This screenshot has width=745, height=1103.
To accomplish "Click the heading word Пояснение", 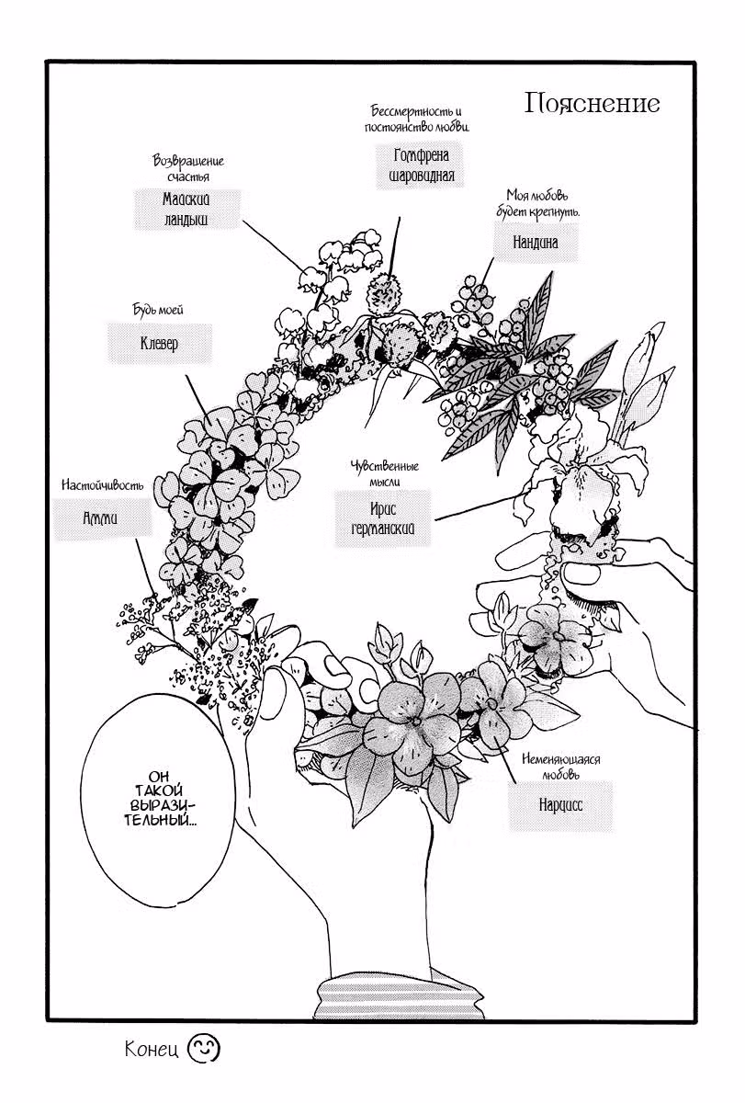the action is point(592,104).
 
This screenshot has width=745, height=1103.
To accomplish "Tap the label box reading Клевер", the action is point(160,343).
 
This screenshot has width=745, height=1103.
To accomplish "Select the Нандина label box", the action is point(536,242).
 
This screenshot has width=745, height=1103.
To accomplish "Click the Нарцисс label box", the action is point(560,805).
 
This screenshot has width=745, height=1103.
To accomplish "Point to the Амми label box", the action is point(102,518).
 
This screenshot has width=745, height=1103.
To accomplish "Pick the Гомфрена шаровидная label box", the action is point(421,165).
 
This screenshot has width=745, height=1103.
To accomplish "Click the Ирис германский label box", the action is point(383,518).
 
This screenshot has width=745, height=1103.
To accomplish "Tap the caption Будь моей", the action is point(158,310).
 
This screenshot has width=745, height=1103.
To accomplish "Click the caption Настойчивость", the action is point(103,485).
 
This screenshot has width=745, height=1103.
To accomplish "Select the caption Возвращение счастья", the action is point(188,168).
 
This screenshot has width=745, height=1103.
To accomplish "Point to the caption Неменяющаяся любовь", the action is point(561,767).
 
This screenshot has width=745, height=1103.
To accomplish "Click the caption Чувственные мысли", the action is point(384,473).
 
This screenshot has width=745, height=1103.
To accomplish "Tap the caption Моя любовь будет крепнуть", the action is point(537,204).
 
